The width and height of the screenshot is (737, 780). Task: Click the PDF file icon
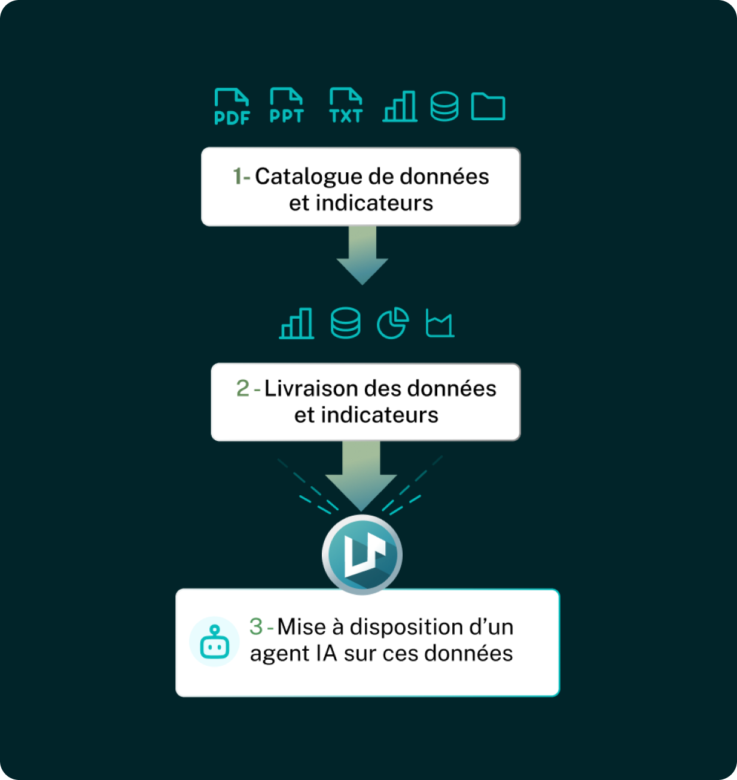[x=232, y=107]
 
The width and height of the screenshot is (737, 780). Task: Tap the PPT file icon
[x=287, y=106]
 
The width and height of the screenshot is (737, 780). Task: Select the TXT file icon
[x=346, y=106]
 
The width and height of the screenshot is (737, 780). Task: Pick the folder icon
[x=488, y=106]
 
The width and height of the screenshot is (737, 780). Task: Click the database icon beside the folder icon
[x=444, y=106]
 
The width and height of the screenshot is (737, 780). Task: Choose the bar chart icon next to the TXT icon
[x=400, y=106]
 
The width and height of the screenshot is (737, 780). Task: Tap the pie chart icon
[x=392, y=324]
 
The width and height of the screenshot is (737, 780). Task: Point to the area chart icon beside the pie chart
[x=440, y=324]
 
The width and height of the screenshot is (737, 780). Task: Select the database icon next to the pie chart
[x=346, y=324]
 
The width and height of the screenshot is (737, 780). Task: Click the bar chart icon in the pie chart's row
[x=297, y=324]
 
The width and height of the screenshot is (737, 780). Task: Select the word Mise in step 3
[x=302, y=627]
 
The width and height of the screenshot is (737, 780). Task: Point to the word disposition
[x=398, y=627]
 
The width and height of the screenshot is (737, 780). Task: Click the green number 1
[x=237, y=176]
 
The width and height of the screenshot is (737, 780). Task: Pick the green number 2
[x=242, y=389]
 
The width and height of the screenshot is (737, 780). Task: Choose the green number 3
[x=256, y=627]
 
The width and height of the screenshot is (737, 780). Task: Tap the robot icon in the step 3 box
[x=215, y=642]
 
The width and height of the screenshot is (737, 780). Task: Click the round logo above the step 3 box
[x=362, y=554]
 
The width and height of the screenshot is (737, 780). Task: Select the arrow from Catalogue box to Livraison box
[x=363, y=254]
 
